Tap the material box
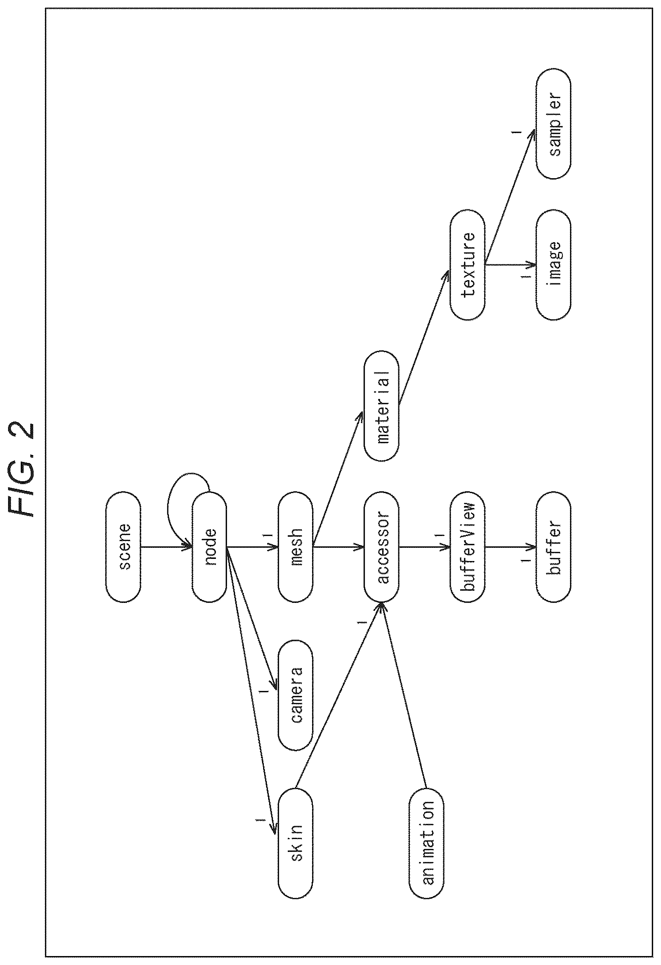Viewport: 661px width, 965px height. point(381,406)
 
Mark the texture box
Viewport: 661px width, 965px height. point(468,265)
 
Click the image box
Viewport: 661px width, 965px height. point(553,265)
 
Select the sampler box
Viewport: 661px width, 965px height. point(553,124)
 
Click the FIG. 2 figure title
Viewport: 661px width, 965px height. point(21,470)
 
